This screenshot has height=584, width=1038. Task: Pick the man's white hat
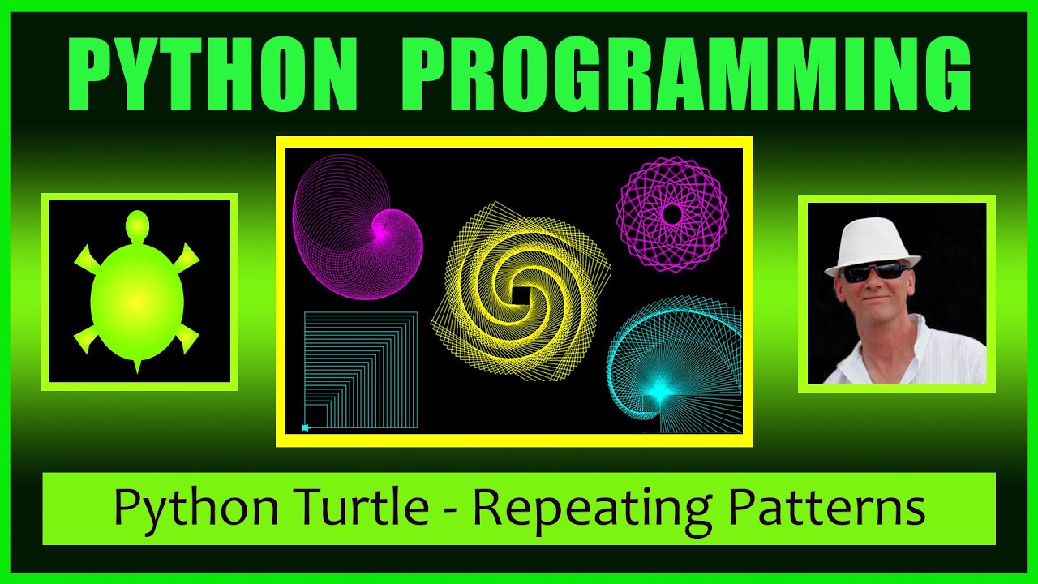(872, 243)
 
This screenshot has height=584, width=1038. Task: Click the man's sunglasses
(874, 272)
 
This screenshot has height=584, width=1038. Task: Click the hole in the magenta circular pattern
(671, 214)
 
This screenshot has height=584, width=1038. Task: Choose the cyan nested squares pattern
(361, 369)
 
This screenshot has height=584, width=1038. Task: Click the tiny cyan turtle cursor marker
(306, 427)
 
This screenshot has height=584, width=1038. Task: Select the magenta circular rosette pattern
(671, 214)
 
